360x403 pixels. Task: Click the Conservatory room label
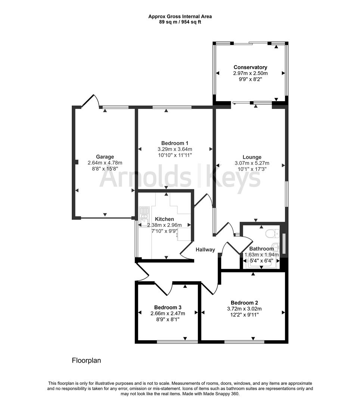[250, 67]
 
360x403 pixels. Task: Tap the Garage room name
[105, 157]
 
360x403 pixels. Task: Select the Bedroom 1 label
[175, 143]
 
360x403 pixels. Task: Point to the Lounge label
[252, 157]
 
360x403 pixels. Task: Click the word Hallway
[205, 250]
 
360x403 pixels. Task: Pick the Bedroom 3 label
[168, 307]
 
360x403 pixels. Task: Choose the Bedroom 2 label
[244, 303]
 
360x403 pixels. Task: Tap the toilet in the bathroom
[272, 234]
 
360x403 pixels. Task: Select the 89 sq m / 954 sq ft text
[180, 22]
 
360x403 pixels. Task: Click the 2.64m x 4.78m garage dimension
[105, 163]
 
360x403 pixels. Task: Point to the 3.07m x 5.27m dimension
[252, 163]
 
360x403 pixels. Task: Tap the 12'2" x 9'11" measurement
[244, 315]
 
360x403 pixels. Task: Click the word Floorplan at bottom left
[86, 360]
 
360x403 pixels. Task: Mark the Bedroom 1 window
[172, 107]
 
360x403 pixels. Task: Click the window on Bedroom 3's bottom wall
[177, 342]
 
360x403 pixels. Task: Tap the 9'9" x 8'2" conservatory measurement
[250, 79]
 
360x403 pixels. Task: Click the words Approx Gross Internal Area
[180, 16]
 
